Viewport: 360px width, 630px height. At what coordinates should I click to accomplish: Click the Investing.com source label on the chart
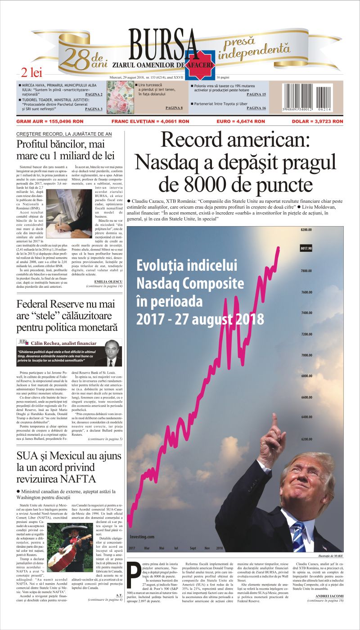[x=142, y=536]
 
